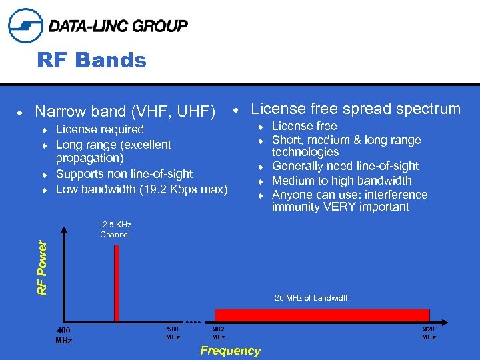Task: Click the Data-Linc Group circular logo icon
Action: pos(25,26)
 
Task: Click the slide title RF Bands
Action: pos(91,61)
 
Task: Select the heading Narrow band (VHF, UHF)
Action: pos(125,111)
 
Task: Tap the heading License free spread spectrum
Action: pos(355,109)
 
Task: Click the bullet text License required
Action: pos(99,129)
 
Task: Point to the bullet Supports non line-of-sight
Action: pos(124,174)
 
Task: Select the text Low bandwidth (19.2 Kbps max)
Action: pos(141,189)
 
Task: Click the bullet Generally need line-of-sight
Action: pos(345,166)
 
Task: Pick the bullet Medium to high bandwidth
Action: pos(341,181)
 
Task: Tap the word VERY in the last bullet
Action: pos(339,207)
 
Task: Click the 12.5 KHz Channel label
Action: pos(115,230)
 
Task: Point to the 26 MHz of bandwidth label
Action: pos(311,298)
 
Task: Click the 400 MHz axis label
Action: pos(63,335)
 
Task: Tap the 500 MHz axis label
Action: pos(173,333)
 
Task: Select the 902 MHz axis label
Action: pos(218,333)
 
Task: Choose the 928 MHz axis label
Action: pos(429,333)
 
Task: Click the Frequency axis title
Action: pos(230,351)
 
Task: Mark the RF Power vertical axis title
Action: pos(42,267)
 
